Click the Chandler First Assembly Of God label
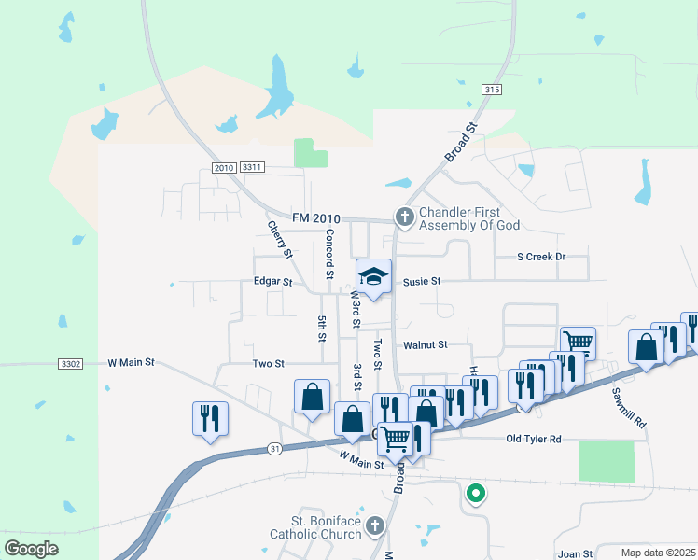tap(468, 218)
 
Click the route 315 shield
tap(492, 89)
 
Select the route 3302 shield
tap(70, 363)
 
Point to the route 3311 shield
tap(252, 167)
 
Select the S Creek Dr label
tap(541, 257)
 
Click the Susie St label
tap(422, 281)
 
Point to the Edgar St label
tap(272, 281)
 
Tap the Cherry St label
tap(280, 240)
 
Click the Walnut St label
tap(426, 344)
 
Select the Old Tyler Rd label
tap(534, 439)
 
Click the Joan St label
tap(575, 553)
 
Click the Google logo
tap(32, 549)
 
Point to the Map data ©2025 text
tap(658, 553)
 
